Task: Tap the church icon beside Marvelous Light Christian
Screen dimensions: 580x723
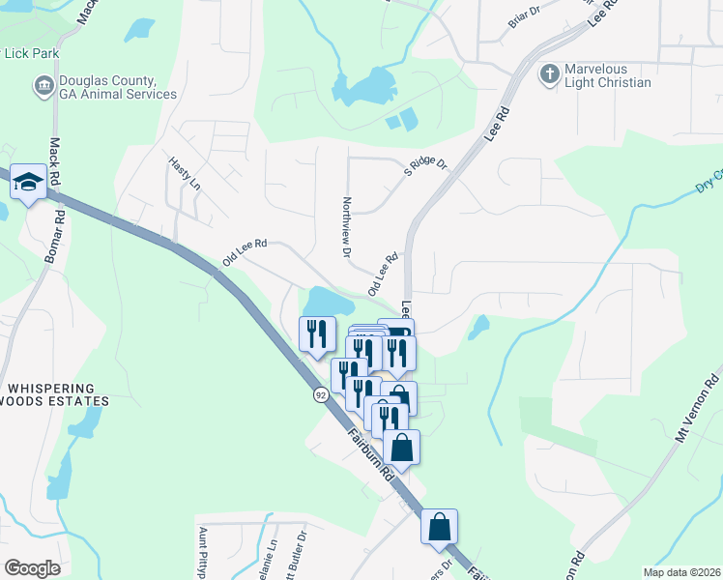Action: click(549, 75)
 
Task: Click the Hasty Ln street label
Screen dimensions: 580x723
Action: click(184, 174)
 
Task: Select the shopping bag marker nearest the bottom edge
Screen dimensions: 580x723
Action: click(439, 527)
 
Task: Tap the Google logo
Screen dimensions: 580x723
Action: click(32, 568)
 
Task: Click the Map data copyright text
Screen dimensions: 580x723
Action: click(680, 572)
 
